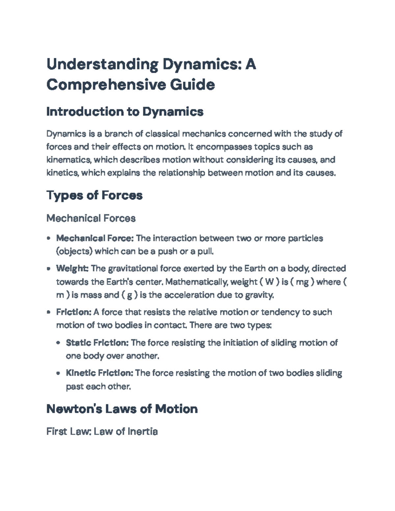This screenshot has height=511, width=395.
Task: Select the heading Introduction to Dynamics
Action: coord(125,112)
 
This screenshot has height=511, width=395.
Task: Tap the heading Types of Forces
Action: coord(94,195)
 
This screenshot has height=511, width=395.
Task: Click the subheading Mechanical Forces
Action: coord(91,218)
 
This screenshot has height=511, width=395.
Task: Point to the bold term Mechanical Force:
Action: coord(95,238)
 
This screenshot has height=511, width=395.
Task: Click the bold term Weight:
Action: coord(72,268)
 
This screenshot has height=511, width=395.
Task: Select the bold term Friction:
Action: coord(73,312)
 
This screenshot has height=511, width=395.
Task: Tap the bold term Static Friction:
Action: coord(97,343)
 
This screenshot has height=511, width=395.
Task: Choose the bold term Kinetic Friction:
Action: coord(99,373)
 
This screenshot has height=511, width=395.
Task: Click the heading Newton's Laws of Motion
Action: coord(122,409)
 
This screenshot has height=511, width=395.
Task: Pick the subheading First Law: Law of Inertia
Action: coord(102,431)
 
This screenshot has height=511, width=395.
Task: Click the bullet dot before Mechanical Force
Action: coord(49,238)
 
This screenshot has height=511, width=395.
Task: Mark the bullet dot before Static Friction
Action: coord(58,343)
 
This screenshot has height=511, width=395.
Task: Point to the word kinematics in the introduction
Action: coord(68,160)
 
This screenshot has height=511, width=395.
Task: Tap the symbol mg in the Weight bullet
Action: coord(302,282)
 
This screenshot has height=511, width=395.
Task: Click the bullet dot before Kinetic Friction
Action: coord(58,373)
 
